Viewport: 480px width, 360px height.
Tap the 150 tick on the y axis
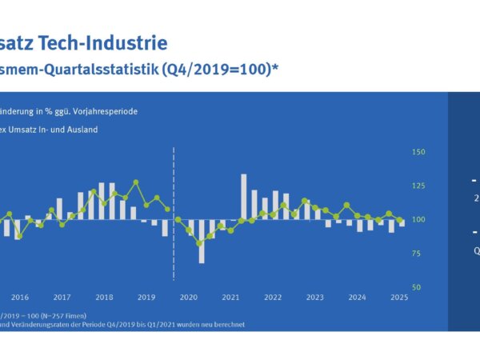(418, 152)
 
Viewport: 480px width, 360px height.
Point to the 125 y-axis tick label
(418, 186)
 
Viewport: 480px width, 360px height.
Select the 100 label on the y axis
(418, 219)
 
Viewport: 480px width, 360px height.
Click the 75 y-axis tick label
(417, 253)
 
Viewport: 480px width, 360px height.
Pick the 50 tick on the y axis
(417, 286)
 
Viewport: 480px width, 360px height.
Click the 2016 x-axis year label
(20, 297)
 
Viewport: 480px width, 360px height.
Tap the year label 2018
(104, 297)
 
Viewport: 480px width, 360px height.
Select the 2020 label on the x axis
(189, 297)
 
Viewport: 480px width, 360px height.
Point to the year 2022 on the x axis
(274, 297)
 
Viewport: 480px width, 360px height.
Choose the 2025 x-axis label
(400, 297)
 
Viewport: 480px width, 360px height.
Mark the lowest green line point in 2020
(199, 243)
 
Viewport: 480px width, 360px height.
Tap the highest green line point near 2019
(136, 182)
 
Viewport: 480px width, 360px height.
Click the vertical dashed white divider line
(174, 212)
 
